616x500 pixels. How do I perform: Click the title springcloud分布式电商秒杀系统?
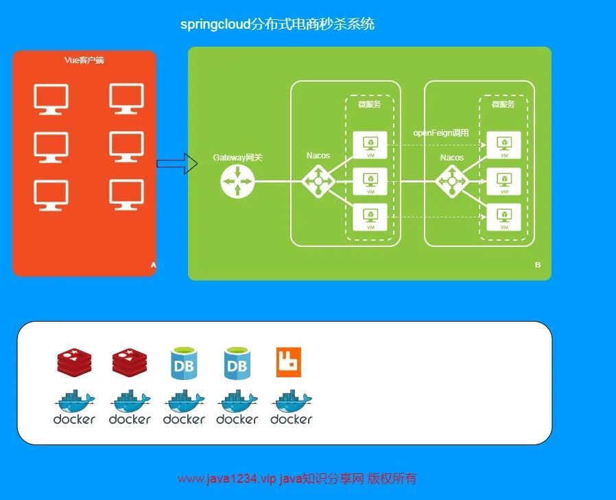point(277,25)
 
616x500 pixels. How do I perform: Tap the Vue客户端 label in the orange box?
point(84,60)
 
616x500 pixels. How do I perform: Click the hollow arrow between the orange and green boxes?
point(172,164)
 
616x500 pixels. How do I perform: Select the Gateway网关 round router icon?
point(237,181)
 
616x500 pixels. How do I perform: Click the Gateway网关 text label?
point(237,158)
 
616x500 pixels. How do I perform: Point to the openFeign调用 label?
point(440,133)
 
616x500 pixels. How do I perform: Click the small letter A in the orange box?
point(153,265)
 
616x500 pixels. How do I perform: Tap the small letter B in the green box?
point(538,265)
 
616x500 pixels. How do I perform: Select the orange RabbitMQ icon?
point(289,362)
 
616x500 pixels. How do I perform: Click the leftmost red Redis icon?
point(74,362)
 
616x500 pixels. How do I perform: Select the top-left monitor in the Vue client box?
point(51,99)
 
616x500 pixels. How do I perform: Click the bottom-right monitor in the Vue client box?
point(127,195)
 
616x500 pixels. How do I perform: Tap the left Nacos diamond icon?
point(318,181)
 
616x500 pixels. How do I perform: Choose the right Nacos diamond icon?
point(452,181)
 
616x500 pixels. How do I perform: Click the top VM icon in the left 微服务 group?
point(370,145)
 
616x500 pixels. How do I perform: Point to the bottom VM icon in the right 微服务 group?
point(504,217)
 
